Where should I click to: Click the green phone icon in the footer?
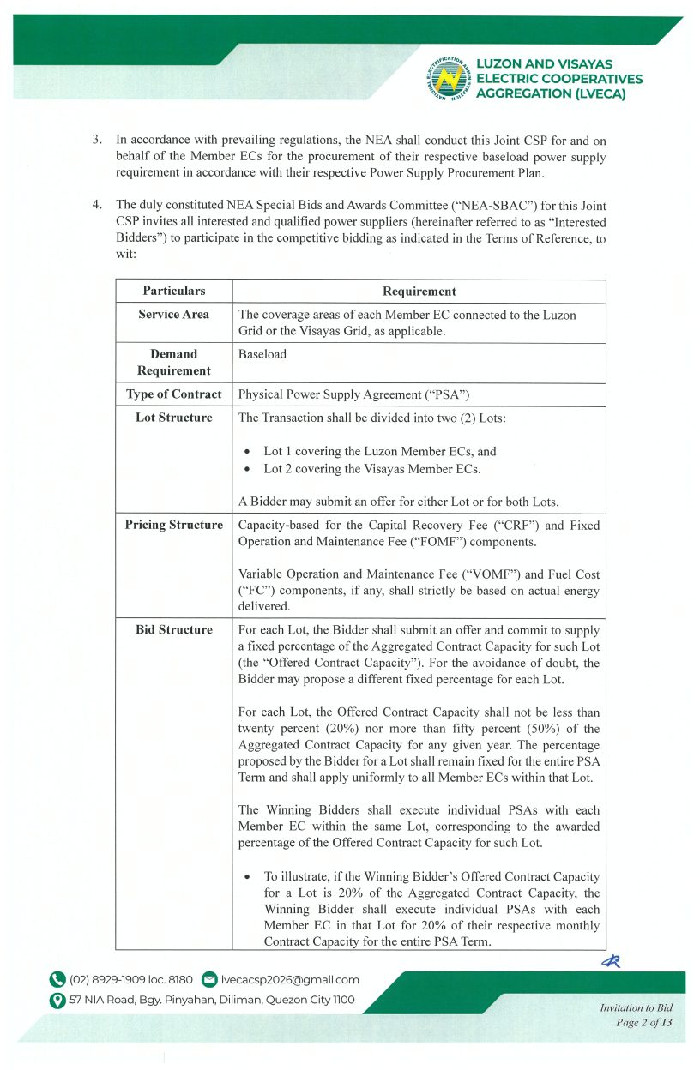[x=57, y=979]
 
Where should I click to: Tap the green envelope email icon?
[x=208, y=979]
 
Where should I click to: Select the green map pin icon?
[x=57, y=1000]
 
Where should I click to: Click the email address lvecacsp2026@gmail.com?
[x=290, y=979]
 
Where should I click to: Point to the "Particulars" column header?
[x=174, y=292]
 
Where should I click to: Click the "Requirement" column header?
[x=419, y=292]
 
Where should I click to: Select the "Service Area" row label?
[x=174, y=315]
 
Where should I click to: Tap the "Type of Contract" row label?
[x=174, y=394]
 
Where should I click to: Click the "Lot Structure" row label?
[x=174, y=418]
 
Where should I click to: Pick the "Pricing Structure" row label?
[x=174, y=525]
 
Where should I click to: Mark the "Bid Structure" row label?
[x=174, y=629]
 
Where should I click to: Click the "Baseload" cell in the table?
[x=262, y=354]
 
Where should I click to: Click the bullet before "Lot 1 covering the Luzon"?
[x=248, y=452]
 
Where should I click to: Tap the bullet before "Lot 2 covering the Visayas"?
[x=248, y=469]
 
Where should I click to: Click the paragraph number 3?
[x=98, y=138]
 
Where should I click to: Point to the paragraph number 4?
[x=98, y=205]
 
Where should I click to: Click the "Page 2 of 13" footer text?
[x=643, y=1023]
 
